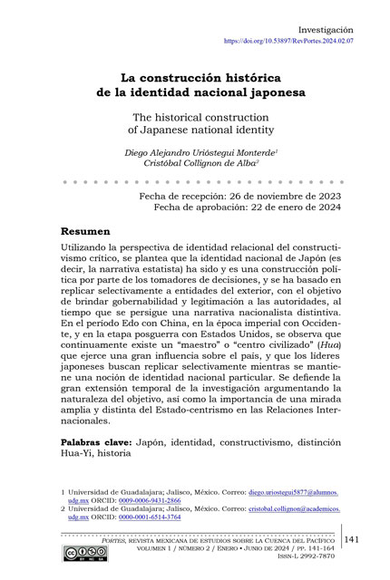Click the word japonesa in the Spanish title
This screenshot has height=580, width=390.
pos(272,92)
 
